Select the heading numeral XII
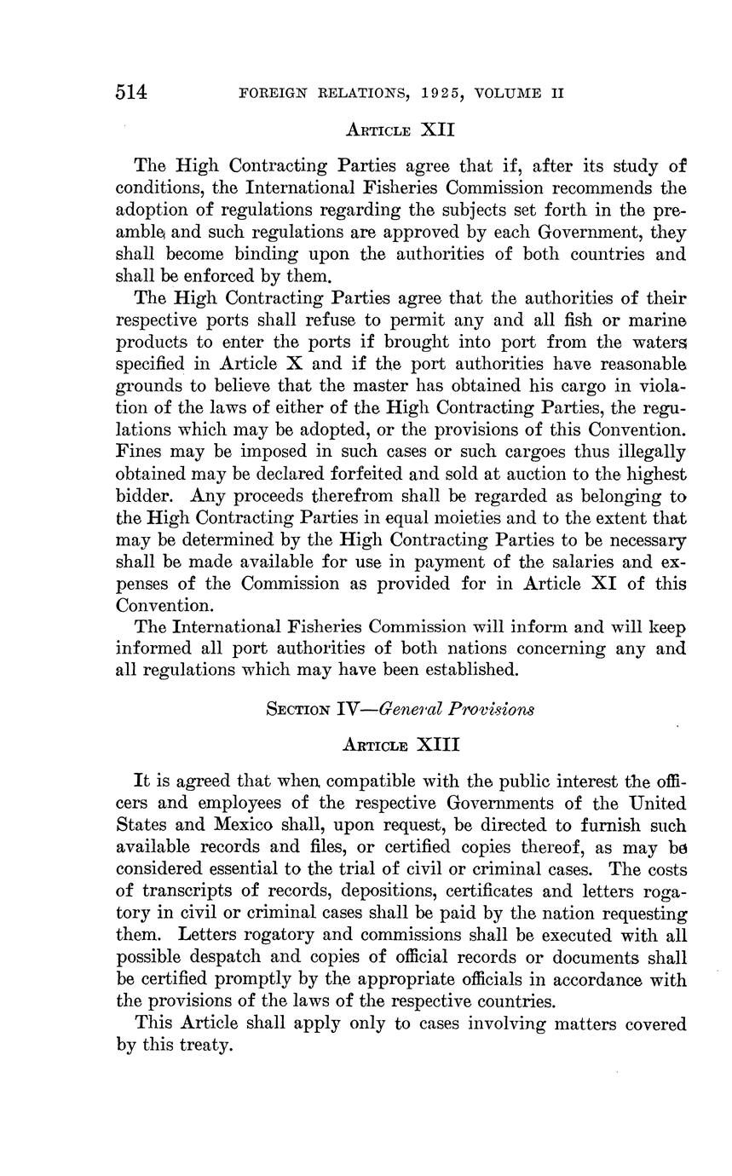point(435,130)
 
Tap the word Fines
point(138,452)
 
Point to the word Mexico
point(231,826)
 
